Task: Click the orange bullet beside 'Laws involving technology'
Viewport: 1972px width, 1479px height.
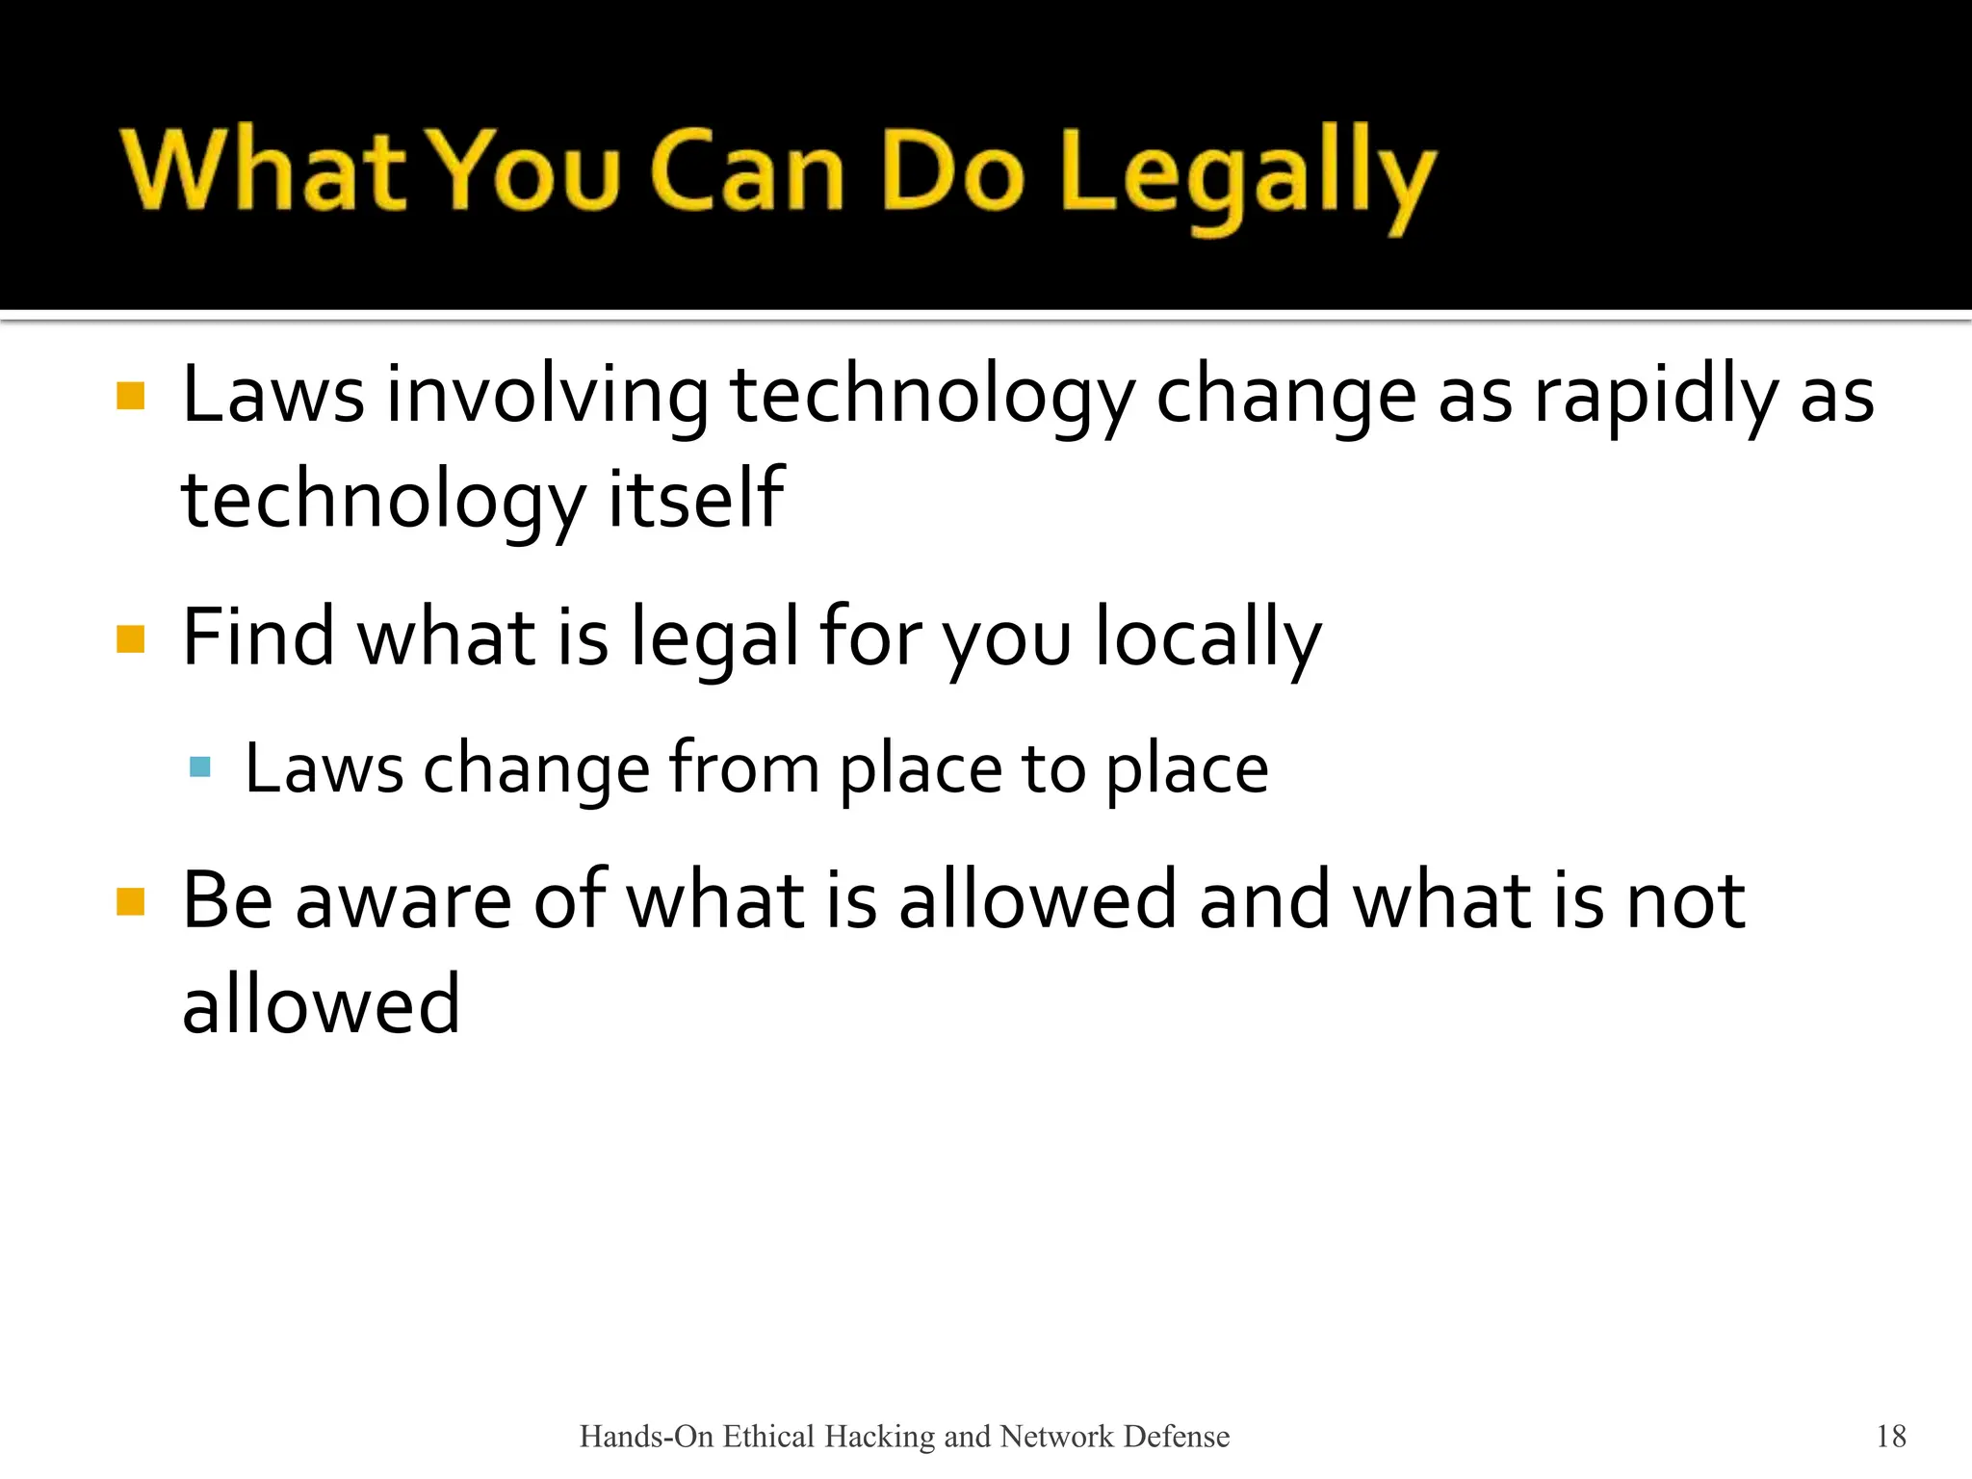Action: coord(130,397)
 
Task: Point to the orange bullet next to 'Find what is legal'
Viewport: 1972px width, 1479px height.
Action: coord(130,639)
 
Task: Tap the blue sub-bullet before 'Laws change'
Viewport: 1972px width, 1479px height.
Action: coord(200,767)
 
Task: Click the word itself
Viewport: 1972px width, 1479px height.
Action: coord(696,499)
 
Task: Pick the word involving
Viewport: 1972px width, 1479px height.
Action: coord(547,397)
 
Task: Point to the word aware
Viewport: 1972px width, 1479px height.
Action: coord(403,901)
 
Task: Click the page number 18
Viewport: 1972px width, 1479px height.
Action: coord(1891,1437)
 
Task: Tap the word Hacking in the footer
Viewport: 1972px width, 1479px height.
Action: coord(880,1437)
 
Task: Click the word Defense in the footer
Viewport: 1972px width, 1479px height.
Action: coord(1177,1437)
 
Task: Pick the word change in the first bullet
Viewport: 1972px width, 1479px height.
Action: coord(1285,397)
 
